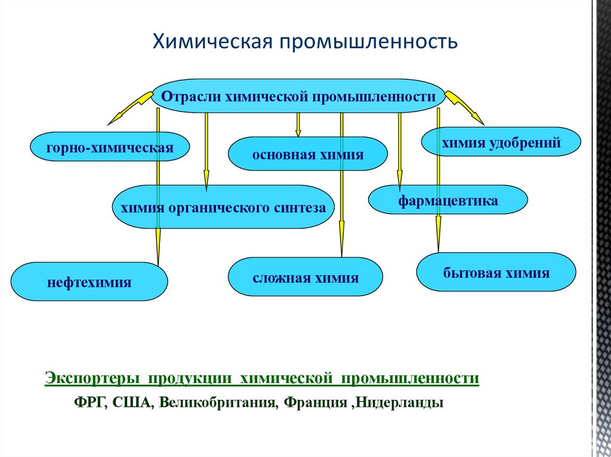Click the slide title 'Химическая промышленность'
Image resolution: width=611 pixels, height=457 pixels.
pos(306,42)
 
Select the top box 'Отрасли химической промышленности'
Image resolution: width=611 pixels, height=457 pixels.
pos(299,96)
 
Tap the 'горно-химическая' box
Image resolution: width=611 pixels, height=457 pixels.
pos(109,147)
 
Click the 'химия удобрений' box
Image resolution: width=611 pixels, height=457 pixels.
pos(500,142)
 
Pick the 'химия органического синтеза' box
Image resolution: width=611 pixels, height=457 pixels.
pos(223,207)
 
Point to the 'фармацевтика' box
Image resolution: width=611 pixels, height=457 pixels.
pos(448,200)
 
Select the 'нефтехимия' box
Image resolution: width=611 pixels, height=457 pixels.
pos(90,282)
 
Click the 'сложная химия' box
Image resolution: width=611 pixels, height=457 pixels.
pos(305,277)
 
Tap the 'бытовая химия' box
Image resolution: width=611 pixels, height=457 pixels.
pos(496,273)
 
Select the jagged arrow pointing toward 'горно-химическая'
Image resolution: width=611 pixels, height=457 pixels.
pos(129,108)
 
